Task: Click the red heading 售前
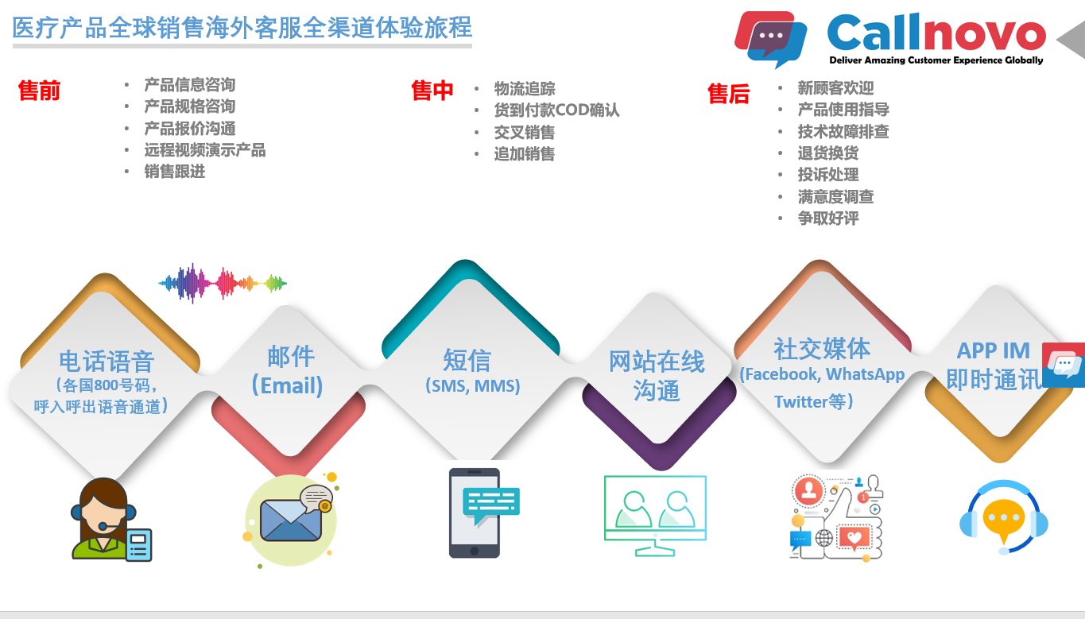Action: [39, 91]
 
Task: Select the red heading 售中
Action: [432, 91]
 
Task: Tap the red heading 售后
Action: [728, 94]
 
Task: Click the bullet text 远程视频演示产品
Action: [205, 150]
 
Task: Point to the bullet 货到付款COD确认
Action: [556, 110]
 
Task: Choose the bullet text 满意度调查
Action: [836, 196]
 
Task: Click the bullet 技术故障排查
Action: [843, 131]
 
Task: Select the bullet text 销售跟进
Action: [174, 172]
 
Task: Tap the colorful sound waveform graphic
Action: [223, 284]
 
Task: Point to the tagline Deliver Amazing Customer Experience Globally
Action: [936, 60]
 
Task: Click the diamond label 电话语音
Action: [107, 362]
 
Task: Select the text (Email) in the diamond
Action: [287, 385]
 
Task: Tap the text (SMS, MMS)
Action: [473, 386]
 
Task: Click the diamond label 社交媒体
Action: [822, 348]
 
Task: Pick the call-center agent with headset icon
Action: [111, 519]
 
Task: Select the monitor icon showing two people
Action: [655, 516]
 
